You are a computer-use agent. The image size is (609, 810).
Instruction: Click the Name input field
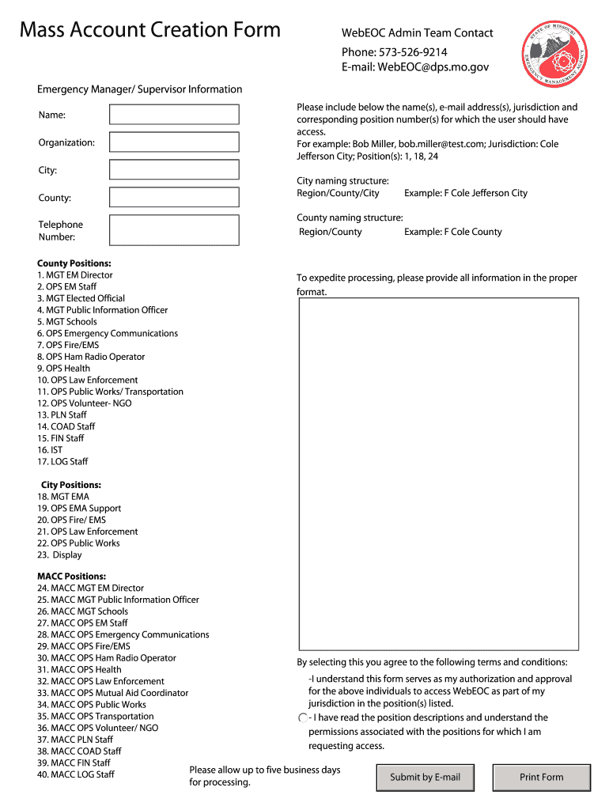coord(174,115)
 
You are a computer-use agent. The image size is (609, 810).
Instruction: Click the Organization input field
coord(174,142)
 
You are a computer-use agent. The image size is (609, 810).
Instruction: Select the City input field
coord(174,170)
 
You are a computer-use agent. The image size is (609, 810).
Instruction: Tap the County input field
coord(174,198)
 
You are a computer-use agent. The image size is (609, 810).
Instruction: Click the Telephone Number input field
coord(174,230)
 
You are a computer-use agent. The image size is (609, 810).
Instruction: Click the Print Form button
coord(542,777)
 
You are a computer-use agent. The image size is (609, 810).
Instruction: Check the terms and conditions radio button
coord(302,717)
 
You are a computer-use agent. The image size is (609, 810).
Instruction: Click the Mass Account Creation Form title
coord(150,30)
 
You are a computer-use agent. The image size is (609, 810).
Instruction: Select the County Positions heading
coord(74,263)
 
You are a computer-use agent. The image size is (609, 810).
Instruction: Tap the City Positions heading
coord(71,485)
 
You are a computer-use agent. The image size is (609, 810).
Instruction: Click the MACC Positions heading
coord(71,577)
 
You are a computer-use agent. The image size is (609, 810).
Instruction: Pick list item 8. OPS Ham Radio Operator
coord(91,357)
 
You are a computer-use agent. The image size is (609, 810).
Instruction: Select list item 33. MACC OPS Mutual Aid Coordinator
coord(112,693)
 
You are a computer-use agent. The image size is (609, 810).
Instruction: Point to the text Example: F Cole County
coord(452,232)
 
